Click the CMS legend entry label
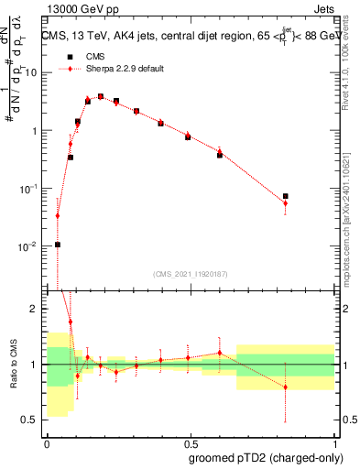(x=95, y=57)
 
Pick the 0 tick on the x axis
(x=46, y=442)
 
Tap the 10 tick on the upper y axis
(x=34, y=72)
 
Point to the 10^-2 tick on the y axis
(x=29, y=247)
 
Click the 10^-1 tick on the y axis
(x=29, y=189)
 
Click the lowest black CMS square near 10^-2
(x=58, y=245)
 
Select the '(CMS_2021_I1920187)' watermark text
(x=190, y=273)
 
